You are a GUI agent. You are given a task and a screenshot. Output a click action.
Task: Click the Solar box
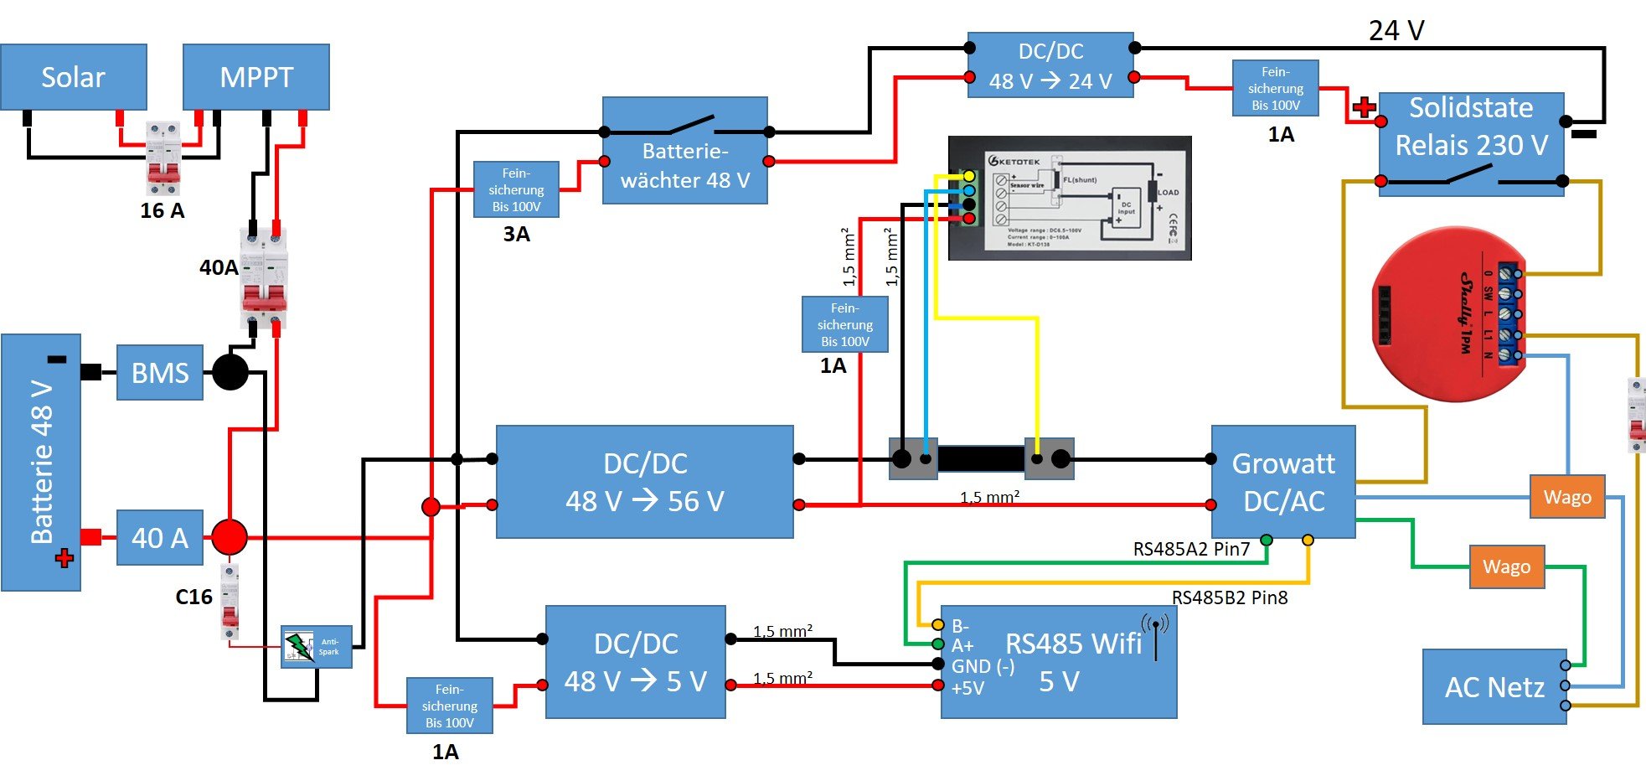pos(74,77)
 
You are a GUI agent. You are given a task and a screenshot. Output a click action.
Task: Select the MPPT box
pos(256,77)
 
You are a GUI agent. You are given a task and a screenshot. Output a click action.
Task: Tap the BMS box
pos(160,372)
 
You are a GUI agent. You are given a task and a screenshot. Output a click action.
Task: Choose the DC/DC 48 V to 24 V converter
pos(1050,65)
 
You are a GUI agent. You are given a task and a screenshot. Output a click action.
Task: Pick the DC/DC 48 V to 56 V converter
pos(645,482)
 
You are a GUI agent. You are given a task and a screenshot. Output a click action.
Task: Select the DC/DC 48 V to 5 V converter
pos(636,662)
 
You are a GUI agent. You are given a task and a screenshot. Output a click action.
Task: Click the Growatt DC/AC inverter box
pos(1283,482)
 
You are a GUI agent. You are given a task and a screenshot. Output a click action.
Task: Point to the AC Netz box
pos(1494,686)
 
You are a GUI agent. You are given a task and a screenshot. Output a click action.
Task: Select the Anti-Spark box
pos(317,646)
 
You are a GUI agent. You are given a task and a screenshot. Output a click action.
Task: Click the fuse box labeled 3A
pos(516,189)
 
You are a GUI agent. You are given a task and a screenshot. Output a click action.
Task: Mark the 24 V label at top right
pos(1396,31)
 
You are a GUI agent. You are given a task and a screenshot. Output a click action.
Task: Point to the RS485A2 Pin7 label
pos(1191,550)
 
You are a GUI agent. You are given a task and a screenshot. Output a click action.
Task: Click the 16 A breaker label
pos(162,210)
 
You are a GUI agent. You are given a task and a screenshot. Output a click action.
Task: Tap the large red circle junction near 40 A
pos(229,537)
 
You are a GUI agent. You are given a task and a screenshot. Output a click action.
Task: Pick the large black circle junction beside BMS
pos(230,372)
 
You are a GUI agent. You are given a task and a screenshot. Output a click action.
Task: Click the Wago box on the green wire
pos(1506,566)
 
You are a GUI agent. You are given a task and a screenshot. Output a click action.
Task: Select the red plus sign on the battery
pos(64,558)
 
